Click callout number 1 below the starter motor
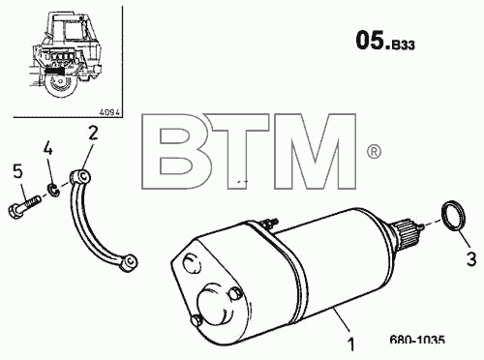(x=350, y=345)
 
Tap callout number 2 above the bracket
(x=93, y=133)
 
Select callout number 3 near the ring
(x=471, y=259)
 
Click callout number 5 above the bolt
(x=18, y=171)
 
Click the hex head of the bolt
(x=15, y=211)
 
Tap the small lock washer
(x=54, y=190)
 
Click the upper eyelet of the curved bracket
(x=80, y=176)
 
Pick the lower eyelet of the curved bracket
(x=129, y=261)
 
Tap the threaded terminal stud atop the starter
(x=270, y=223)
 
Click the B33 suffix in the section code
(x=403, y=45)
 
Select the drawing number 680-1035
(x=417, y=340)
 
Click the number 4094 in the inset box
(x=109, y=112)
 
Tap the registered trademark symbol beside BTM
(x=374, y=151)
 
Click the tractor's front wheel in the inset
(x=61, y=85)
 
